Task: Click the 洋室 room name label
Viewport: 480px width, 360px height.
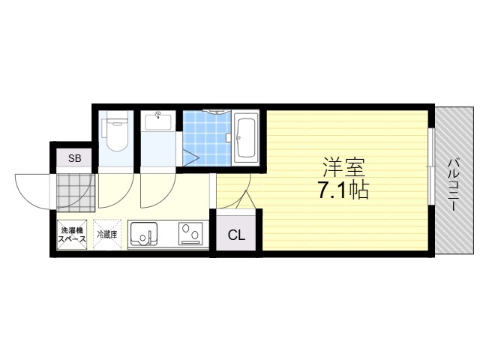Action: [343, 166]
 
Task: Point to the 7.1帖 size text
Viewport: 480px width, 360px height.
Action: [343, 190]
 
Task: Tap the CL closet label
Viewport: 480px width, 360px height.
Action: [236, 235]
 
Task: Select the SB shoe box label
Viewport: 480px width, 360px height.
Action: [75, 158]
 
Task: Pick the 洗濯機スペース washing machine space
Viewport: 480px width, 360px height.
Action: [72, 235]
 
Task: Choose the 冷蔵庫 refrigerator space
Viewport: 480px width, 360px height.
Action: [107, 235]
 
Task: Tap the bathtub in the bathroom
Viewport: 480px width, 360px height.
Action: [245, 138]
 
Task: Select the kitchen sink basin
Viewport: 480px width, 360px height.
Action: [144, 233]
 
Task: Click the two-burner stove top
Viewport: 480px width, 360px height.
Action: [191, 233]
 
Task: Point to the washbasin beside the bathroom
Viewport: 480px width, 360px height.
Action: [158, 121]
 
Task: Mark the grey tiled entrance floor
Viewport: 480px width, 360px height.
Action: [76, 193]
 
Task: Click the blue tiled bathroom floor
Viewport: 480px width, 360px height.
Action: [207, 138]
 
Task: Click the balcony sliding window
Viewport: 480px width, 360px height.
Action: [431, 166]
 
